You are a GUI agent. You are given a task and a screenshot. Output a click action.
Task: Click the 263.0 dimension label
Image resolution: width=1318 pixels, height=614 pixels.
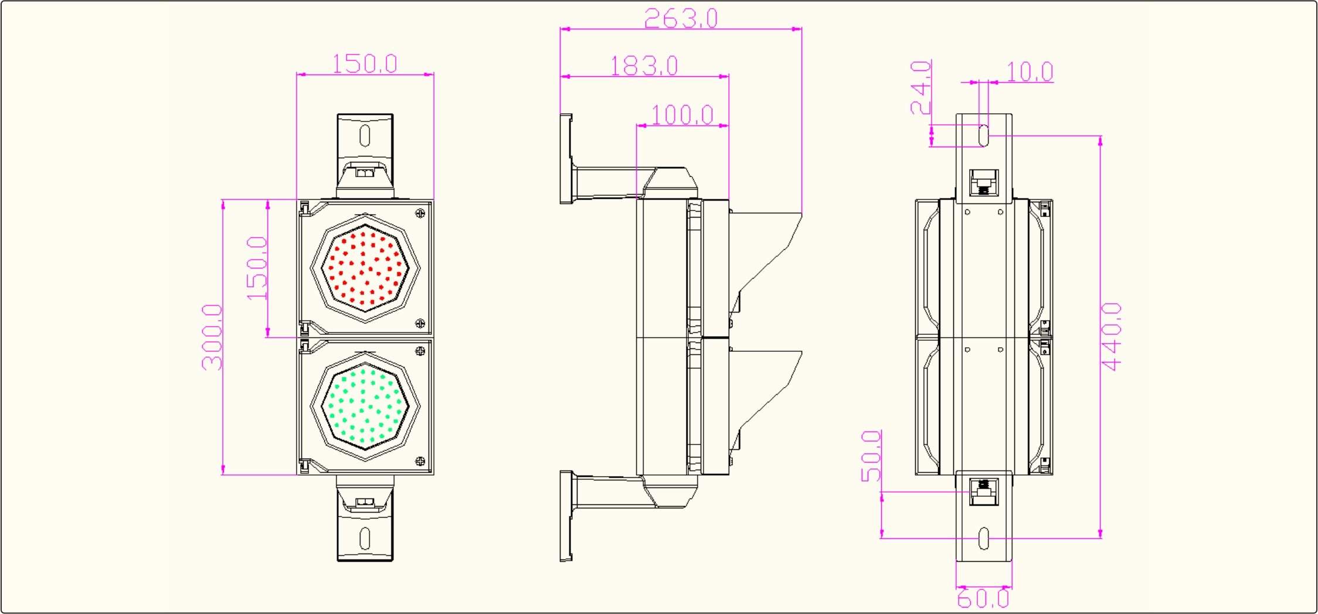(x=681, y=18)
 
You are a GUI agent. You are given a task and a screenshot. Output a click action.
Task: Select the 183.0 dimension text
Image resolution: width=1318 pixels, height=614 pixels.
(x=644, y=66)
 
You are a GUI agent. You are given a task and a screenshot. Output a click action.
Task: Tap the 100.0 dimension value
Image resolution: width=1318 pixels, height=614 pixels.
(x=682, y=115)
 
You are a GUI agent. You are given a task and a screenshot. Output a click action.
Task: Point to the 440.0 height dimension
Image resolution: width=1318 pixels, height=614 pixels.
(x=1111, y=337)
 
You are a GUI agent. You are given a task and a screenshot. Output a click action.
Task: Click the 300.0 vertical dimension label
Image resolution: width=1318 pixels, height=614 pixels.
(x=212, y=337)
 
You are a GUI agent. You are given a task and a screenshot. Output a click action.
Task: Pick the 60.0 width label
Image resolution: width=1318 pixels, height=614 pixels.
(x=983, y=599)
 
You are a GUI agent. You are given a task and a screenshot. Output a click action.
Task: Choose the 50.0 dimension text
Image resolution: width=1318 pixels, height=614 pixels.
(x=871, y=456)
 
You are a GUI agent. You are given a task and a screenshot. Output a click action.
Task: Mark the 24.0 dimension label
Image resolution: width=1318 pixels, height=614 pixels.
(x=920, y=87)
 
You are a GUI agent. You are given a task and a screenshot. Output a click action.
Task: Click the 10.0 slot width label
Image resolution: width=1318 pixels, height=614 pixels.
(x=1030, y=72)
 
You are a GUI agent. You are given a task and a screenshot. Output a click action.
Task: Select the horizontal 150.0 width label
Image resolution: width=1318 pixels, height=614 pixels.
(x=365, y=63)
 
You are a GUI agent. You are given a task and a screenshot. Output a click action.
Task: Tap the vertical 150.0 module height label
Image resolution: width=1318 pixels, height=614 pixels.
(x=257, y=268)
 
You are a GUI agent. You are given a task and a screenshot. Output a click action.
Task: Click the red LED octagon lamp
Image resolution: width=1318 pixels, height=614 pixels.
(x=365, y=268)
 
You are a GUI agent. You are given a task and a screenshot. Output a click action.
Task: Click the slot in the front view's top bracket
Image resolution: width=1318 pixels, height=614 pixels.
(x=365, y=135)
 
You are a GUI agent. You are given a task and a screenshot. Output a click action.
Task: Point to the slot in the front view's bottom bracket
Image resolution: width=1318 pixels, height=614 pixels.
(x=365, y=538)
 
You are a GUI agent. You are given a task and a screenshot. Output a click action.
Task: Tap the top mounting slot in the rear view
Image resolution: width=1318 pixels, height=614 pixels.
(x=984, y=135)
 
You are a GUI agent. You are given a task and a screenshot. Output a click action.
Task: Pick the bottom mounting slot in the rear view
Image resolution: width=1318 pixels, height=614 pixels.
(x=984, y=538)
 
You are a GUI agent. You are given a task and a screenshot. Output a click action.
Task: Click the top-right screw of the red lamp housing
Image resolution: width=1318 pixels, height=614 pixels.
(x=420, y=213)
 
